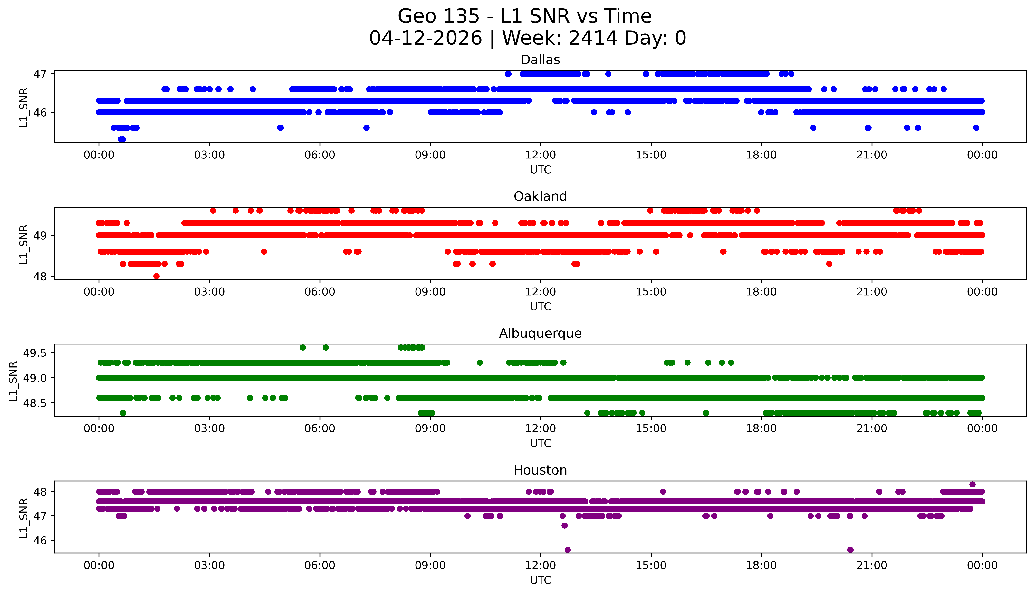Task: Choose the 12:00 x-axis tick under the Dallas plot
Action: pyautogui.click(x=540, y=155)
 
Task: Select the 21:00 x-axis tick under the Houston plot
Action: pyautogui.click(x=872, y=565)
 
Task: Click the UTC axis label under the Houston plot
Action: pyautogui.click(x=540, y=580)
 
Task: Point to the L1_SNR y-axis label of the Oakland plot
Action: pyautogui.click(x=24, y=244)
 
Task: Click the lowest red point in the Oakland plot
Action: pyautogui.click(x=156, y=276)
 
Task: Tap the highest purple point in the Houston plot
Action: pyautogui.click(x=972, y=484)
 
